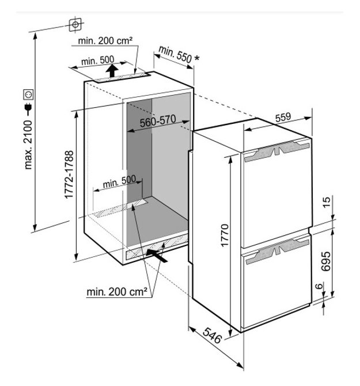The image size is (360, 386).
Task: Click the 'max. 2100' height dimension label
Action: pos(28,145)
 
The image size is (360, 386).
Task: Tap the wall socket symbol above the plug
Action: pos(28,95)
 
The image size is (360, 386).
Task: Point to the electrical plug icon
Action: pos(28,110)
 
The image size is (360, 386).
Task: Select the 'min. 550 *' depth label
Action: pos(179,55)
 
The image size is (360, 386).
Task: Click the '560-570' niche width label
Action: pos(158,120)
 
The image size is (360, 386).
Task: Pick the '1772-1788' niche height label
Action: pos(69,175)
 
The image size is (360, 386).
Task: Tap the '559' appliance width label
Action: pos(283,118)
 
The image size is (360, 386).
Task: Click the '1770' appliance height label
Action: pos(225,235)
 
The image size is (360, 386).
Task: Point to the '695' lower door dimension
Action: pos(326,261)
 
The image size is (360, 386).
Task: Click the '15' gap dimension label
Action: pos(327,202)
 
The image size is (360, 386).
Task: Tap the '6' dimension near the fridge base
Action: pos(319,286)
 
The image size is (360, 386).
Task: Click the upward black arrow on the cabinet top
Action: pos(112,70)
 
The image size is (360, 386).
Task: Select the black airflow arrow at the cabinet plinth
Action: pos(157,255)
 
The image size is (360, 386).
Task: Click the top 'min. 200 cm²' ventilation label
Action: pos(105,41)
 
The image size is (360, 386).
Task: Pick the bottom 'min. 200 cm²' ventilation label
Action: pos(117,292)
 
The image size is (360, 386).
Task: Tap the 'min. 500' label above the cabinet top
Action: pos(98,60)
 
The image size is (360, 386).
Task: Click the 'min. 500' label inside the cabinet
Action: pos(119,181)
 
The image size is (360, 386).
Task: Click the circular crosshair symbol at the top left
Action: pos(75,25)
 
